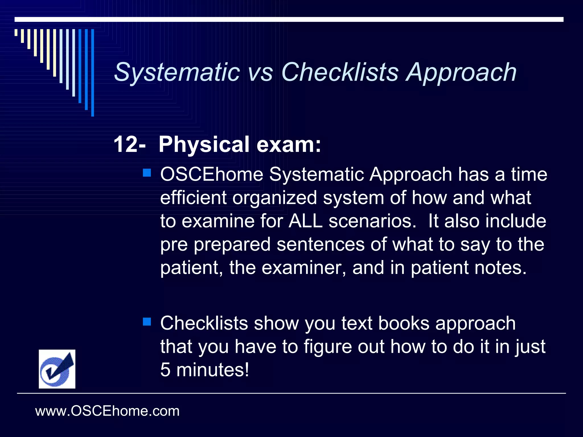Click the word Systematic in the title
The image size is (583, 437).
(177, 73)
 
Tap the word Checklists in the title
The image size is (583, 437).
(340, 73)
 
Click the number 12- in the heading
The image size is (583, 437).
(130, 145)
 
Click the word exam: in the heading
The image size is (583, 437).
(289, 145)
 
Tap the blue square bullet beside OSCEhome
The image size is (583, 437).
(147, 173)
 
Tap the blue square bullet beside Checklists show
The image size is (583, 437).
(147, 322)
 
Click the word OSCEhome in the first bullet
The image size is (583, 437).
(212, 174)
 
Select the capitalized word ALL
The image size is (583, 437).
(305, 221)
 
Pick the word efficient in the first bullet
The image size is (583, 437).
(193, 198)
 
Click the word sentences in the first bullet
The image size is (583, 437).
(321, 244)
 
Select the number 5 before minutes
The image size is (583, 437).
(165, 370)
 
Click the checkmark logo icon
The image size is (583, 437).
(57, 369)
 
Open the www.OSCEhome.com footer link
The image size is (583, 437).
(107, 411)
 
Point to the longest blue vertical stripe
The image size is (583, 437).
(93, 73)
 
